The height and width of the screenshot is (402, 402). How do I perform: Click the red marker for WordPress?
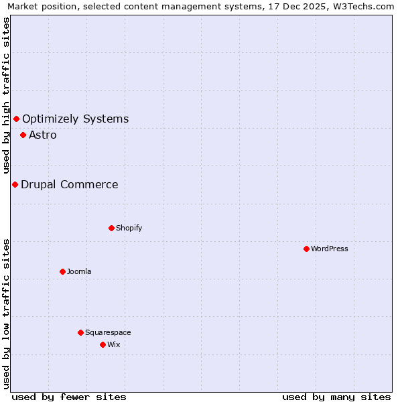(306, 249)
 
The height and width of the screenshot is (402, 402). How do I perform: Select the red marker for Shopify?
(111, 228)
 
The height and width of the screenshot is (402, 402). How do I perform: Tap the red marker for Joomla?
(62, 271)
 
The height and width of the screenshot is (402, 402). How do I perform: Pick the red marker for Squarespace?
(80, 332)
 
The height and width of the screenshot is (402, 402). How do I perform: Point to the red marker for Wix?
(103, 344)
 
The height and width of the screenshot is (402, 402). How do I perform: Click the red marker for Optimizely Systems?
(16, 119)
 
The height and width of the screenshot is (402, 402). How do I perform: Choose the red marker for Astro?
(23, 135)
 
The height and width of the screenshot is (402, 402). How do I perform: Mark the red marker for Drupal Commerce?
(15, 184)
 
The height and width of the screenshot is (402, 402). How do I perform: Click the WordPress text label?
(330, 249)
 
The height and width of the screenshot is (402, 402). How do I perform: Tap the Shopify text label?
(129, 228)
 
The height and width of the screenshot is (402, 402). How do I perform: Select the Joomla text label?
(79, 271)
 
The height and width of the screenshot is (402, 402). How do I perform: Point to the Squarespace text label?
(108, 332)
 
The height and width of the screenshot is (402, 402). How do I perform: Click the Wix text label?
(113, 344)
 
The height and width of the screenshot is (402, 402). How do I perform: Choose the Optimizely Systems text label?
(75, 119)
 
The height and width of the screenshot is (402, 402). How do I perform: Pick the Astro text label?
(43, 135)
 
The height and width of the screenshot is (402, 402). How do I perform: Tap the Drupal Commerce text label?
(69, 184)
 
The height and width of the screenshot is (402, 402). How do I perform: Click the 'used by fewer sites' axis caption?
(69, 397)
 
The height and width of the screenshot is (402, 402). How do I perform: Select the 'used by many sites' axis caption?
(336, 397)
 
